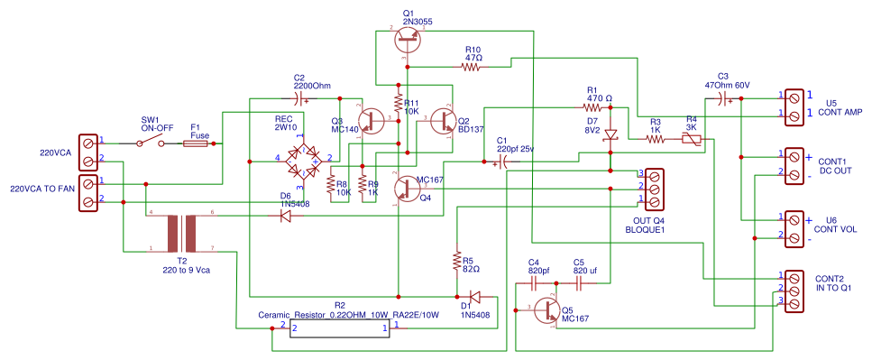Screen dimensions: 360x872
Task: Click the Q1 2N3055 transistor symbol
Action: (409, 35)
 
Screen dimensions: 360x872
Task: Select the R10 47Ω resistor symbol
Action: (473, 67)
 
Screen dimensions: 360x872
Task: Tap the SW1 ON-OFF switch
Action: (151, 143)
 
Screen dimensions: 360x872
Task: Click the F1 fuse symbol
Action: (197, 143)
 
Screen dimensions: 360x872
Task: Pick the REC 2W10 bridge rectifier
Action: (301, 160)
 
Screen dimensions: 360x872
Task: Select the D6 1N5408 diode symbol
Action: (286, 216)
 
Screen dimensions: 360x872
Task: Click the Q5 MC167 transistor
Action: (547, 309)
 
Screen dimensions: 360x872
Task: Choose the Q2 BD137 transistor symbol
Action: (444, 121)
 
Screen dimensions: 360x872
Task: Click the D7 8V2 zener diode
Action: (611, 134)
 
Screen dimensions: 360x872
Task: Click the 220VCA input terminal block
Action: (88, 152)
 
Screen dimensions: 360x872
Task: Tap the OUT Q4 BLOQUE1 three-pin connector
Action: (655, 186)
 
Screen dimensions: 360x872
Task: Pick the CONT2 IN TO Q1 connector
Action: (794, 291)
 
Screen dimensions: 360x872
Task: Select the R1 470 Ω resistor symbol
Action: (591, 106)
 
